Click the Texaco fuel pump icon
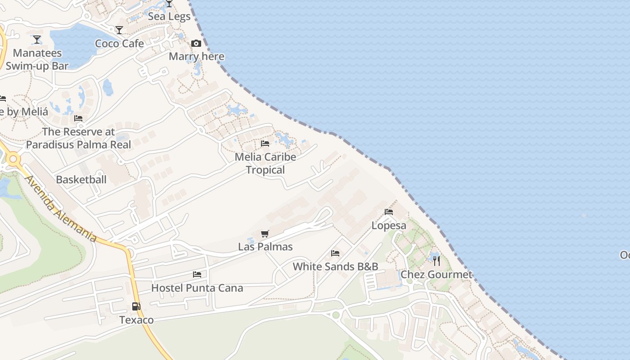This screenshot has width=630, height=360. [x=136, y=306]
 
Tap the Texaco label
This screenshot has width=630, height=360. [x=136, y=320]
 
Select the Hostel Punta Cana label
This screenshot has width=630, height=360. [x=197, y=288]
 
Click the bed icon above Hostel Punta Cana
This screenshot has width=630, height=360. [x=197, y=274]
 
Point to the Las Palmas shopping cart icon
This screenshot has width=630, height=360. [x=265, y=234]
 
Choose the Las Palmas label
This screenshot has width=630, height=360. [x=265, y=247]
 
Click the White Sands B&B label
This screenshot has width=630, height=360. [x=335, y=266]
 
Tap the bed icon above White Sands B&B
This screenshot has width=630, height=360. [x=335, y=253]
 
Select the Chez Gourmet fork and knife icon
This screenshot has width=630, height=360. [x=436, y=261]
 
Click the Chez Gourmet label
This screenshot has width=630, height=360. [x=436, y=274]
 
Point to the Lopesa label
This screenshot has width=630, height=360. [x=389, y=225]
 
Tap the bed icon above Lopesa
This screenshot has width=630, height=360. [x=389, y=211]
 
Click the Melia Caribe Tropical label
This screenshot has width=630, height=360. [x=265, y=163]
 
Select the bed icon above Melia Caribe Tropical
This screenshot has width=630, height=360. [x=265, y=144]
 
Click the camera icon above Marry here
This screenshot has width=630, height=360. [x=196, y=43]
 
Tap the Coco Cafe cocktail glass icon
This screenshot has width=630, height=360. [x=119, y=30]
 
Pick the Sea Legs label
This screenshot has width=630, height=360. [x=169, y=17]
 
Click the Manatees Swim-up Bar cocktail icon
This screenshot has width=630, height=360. [x=37, y=40]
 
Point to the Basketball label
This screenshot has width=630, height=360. [x=81, y=180]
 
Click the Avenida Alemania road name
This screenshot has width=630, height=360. [x=61, y=208]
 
